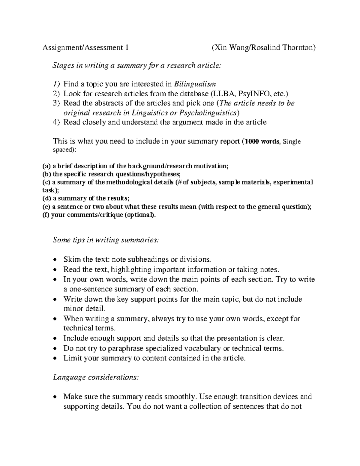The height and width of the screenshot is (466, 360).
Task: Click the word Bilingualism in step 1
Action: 195,84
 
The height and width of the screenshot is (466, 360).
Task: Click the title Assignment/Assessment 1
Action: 85,48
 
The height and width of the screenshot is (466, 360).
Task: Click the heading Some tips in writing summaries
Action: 106,240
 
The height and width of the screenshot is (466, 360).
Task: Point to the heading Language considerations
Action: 96,377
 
